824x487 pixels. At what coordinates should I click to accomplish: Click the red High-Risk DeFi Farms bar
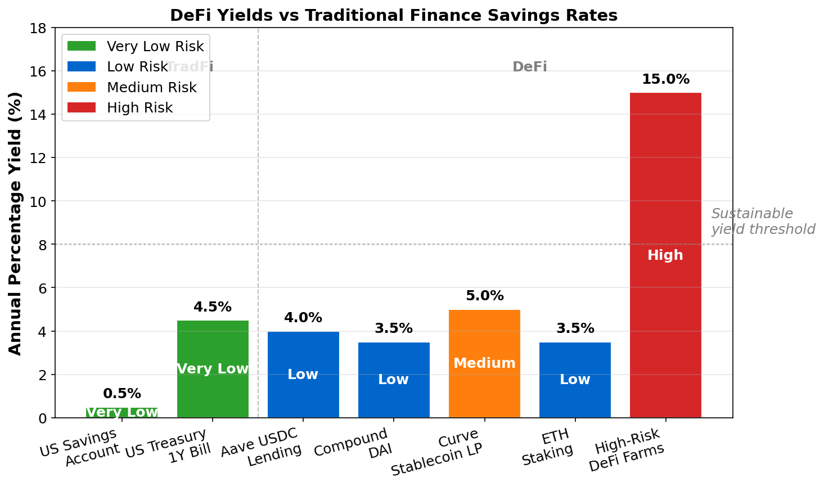pyautogui.click(x=665, y=169)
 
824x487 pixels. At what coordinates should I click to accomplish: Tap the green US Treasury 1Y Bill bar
pyautogui.click(x=213, y=343)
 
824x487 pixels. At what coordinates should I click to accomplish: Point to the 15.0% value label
pyautogui.click(x=665, y=79)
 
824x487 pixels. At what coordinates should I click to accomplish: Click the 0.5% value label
pyautogui.click(x=122, y=394)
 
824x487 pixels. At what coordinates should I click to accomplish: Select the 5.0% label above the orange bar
pyautogui.click(x=484, y=296)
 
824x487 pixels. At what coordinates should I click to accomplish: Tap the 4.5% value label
pyautogui.click(x=213, y=307)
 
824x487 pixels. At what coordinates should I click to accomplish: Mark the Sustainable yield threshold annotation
pyautogui.click(x=762, y=222)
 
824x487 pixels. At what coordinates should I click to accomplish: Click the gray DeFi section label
pyautogui.click(x=529, y=67)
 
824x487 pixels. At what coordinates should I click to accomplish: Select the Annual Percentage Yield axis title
pyautogui.click(x=16, y=223)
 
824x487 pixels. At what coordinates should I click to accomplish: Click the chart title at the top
pyautogui.click(x=394, y=15)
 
